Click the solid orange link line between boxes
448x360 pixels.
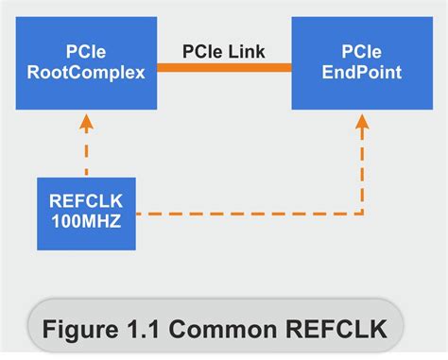click(x=224, y=67)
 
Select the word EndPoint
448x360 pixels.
click(x=362, y=72)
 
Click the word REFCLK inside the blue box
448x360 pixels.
click(x=86, y=200)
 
